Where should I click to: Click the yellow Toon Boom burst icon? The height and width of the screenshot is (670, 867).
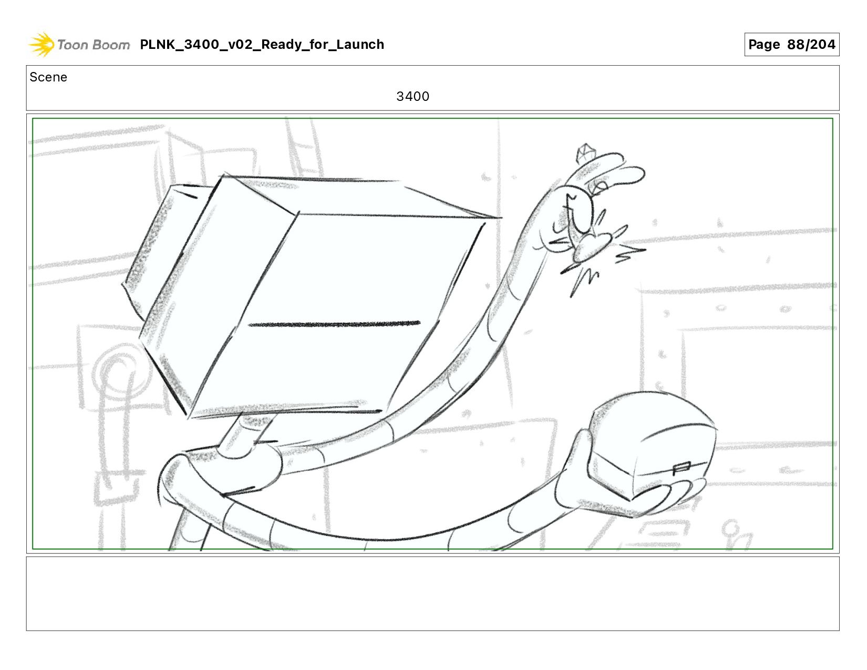tap(41, 44)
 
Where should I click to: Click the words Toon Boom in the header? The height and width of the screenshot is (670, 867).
tap(94, 45)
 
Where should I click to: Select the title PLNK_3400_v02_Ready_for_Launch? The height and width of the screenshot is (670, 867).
tap(262, 44)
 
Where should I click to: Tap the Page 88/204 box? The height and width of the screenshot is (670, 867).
tap(791, 44)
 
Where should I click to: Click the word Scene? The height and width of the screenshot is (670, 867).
tap(48, 77)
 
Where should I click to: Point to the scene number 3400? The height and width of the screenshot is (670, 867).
tap(412, 96)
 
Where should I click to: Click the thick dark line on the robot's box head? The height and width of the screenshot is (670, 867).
tap(334, 324)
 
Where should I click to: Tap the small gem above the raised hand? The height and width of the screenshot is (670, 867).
tap(585, 153)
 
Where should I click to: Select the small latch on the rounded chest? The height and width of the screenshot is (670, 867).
tap(682, 468)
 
